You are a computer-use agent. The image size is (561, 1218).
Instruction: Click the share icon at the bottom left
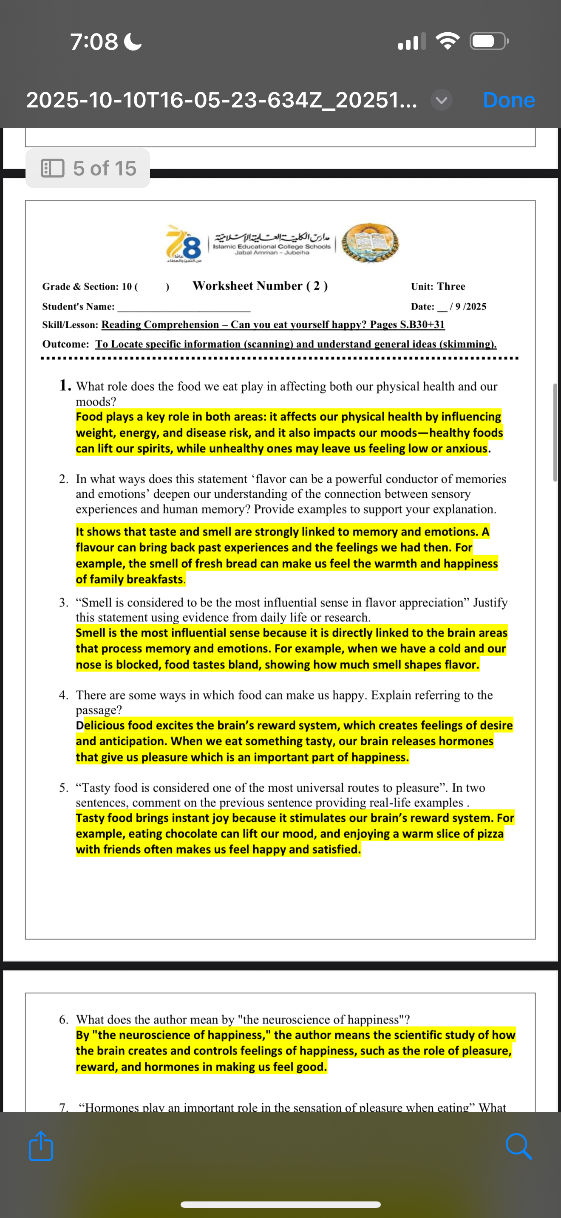click(41, 1146)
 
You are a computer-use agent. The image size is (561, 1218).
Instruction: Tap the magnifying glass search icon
click(518, 1146)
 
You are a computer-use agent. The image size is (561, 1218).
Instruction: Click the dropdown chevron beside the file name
click(441, 100)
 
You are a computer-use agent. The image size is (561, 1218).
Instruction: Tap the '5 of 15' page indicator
click(88, 168)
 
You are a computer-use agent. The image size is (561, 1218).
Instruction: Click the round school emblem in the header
click(370, 243)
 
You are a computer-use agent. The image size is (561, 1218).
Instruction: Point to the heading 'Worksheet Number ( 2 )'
click(260, 285)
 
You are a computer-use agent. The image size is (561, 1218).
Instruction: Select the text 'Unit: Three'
click(438, 287)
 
